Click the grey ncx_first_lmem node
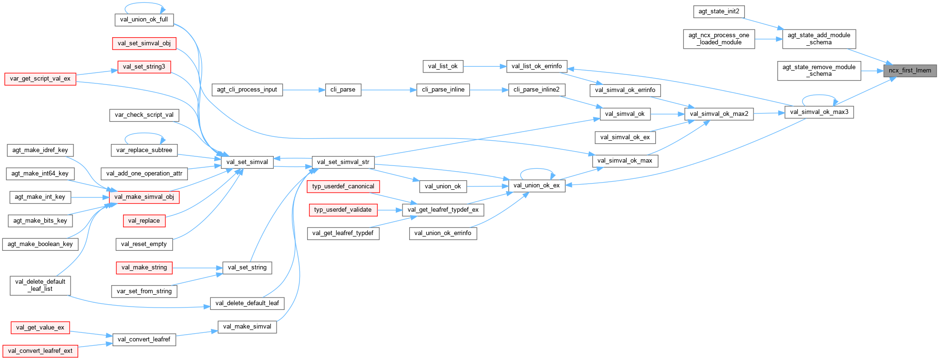909,71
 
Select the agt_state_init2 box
719,11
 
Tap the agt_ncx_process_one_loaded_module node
719,39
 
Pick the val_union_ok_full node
144,20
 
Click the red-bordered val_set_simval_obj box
144,43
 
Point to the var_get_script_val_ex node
40,79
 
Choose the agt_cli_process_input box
247,90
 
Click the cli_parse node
343,90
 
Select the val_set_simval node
247,162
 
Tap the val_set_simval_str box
343,162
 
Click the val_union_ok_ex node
537,185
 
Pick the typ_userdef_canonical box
343,186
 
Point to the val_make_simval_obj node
144,197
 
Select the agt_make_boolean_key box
40,244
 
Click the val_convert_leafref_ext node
40,351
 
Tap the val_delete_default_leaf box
247,303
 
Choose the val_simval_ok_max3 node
819,112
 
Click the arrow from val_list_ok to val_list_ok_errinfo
484,66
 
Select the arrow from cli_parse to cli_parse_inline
389,90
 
